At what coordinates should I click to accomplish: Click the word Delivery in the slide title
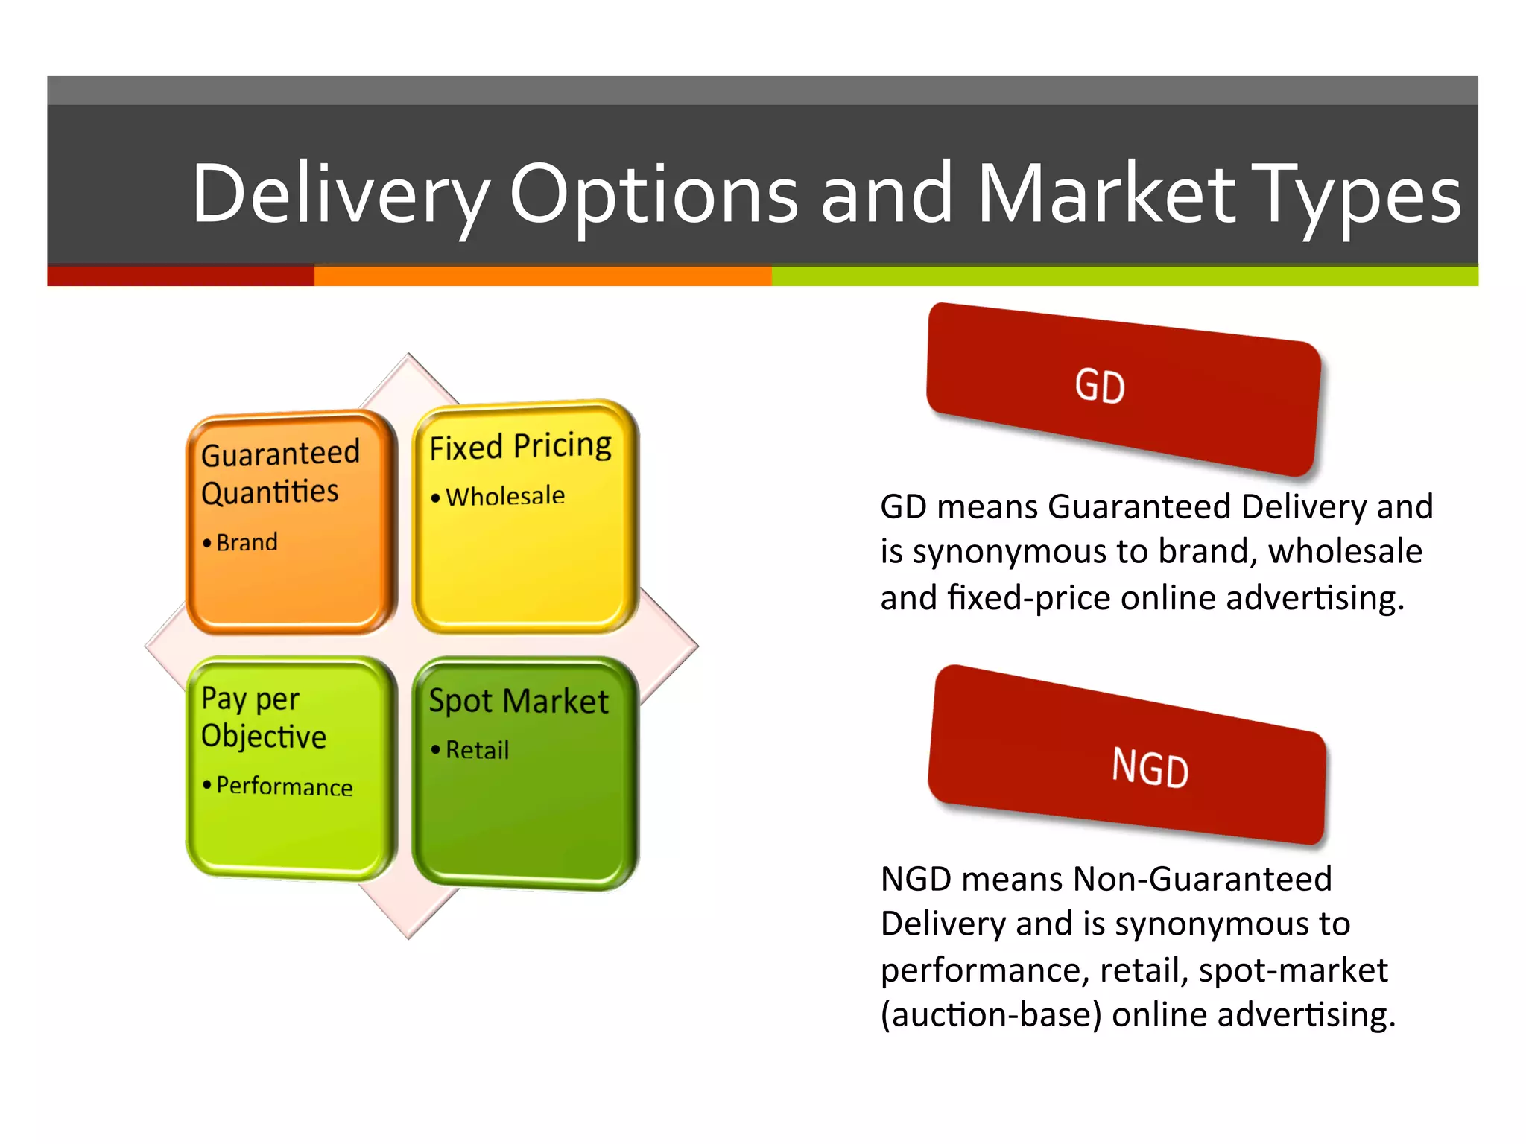[339, 195]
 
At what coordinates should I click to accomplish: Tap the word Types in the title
[1356, 195]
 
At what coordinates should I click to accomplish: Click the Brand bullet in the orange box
[246, 542]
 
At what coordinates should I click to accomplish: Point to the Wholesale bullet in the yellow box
[504, 496]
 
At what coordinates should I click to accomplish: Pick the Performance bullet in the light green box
[284, 786]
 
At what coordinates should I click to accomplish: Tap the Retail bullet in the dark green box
[477, 750]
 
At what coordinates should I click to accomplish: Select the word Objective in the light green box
[263, 737]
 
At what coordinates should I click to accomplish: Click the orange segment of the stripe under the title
[542, 276]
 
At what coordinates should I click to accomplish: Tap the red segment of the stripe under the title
[180, 276]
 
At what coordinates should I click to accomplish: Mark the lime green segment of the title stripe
[1124, 276]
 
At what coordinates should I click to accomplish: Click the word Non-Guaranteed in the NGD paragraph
[1202, 879]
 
